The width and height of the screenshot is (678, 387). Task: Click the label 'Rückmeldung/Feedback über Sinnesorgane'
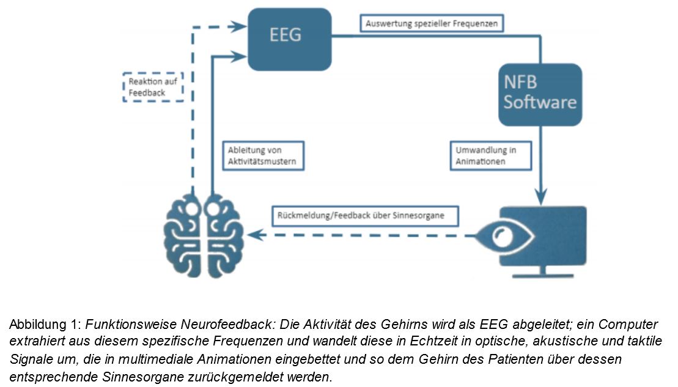[365, 216]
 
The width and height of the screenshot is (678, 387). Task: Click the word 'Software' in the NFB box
[540, 101]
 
